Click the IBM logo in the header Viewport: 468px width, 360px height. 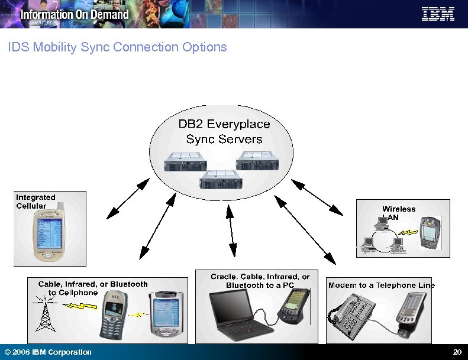[438, 14]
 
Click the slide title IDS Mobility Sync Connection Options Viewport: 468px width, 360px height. [117, 47]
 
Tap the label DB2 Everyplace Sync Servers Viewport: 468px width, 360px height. [224, 132]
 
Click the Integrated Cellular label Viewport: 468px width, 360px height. [35, 202]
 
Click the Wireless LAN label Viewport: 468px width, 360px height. [399, 213]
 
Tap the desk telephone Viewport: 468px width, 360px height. [353, 317]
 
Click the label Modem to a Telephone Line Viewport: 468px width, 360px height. [381, 286]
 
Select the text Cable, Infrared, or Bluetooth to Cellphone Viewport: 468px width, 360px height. [93, 288]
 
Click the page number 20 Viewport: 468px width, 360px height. [457, 352]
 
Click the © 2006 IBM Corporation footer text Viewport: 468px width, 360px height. [48, 352]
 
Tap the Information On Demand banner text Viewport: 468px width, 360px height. [75, 14]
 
